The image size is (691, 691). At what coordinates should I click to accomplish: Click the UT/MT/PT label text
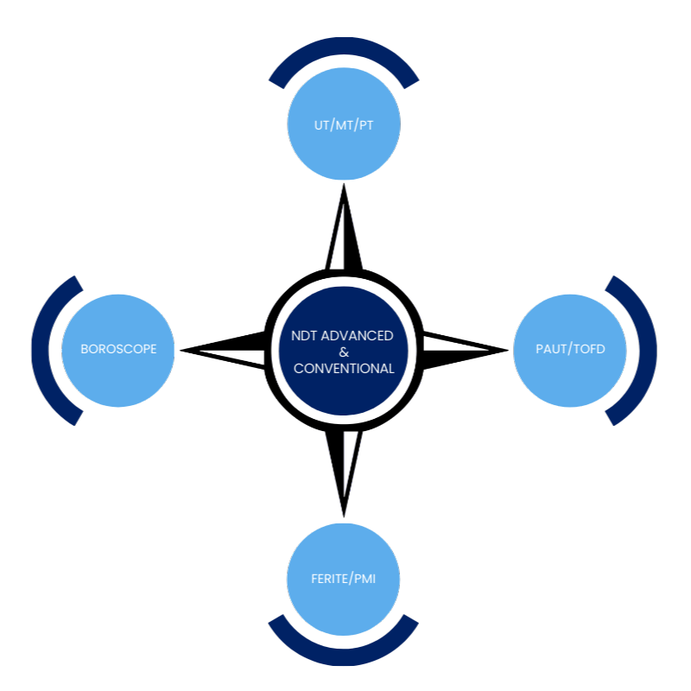pos(344,124)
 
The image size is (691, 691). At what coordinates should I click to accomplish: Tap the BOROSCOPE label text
pos(118,350)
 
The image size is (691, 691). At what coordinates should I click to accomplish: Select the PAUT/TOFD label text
pos(570,350)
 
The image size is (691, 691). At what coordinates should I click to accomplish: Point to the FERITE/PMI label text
pos(344,578)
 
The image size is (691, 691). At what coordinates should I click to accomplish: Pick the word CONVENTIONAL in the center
pos(344,368)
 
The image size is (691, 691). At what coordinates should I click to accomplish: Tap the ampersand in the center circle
pos(344,352)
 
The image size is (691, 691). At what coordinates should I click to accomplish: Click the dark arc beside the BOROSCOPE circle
pos(43,350)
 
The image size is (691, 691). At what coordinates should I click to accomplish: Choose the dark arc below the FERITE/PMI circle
pos(344,654)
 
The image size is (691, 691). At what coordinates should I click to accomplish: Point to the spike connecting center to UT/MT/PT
pos(343,229)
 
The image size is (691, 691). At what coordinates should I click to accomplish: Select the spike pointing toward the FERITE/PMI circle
pos(344,475)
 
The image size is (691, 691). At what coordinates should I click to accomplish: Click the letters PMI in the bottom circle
pos(364,578)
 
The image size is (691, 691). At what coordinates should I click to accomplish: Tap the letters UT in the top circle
pos(321,124)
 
